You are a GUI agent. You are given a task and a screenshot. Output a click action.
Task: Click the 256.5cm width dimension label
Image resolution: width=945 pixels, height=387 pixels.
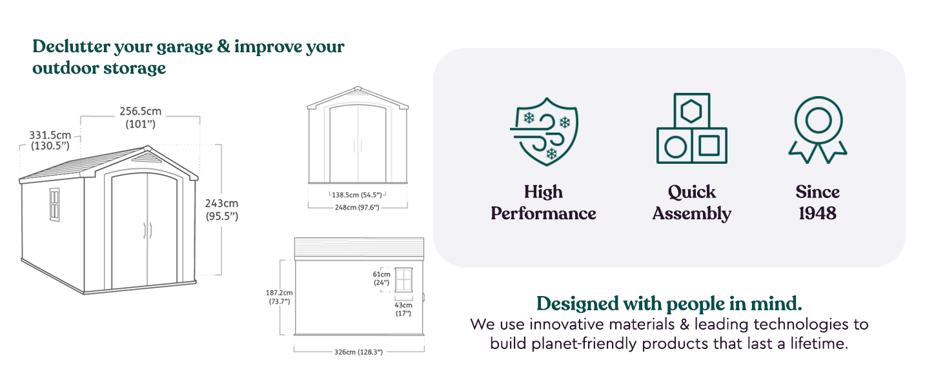pos(141,117)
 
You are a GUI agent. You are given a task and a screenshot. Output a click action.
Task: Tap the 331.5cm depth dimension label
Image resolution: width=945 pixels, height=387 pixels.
pos(50,141)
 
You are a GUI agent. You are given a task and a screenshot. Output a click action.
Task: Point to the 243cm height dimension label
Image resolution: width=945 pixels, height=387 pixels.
pos(222,210)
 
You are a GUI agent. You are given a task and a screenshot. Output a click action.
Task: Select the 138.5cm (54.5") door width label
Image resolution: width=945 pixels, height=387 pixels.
pos(357,195)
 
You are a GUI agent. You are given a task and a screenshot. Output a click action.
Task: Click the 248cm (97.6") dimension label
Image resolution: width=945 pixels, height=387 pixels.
pos(357,208)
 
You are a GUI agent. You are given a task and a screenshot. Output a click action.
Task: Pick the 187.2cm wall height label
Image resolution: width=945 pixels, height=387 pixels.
pos(279,297)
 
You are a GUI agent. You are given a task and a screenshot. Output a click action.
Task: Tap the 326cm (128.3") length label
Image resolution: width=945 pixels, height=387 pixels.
pos(359,352)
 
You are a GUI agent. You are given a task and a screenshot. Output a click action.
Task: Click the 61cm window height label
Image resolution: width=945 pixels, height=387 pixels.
pos(381,278)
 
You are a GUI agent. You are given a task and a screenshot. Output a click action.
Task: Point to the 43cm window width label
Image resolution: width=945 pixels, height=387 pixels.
pos(403,309)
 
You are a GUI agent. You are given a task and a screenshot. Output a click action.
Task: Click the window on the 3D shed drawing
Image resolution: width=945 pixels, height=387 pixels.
pos(54,204)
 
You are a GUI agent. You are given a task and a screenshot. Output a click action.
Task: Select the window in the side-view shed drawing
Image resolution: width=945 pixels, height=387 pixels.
pos(403,279)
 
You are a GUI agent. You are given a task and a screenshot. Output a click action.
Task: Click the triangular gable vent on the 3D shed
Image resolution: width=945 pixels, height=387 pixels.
pos(145,157)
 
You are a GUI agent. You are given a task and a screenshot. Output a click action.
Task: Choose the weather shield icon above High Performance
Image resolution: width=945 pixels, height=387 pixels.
pos(544,132)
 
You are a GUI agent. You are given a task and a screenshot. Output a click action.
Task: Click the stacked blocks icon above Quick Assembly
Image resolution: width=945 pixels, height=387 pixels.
pos(692,128)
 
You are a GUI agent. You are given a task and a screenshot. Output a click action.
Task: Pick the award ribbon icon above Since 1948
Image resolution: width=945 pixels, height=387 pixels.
pos(818,130)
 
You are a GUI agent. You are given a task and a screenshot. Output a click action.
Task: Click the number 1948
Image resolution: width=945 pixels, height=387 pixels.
pos(818,213)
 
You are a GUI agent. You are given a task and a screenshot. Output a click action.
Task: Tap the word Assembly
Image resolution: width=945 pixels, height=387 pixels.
pos(692,213)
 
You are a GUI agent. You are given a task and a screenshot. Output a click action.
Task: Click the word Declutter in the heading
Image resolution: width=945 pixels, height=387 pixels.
pos(72,46)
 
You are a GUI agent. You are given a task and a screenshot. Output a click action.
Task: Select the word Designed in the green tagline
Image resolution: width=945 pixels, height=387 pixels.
pos(578,304)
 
